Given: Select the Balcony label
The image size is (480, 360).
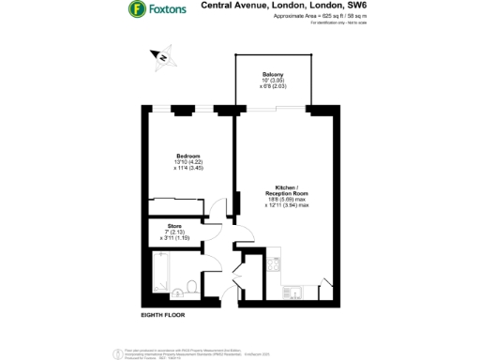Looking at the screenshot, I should point(273,74).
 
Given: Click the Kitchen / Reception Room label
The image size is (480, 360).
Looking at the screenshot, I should point(285,188).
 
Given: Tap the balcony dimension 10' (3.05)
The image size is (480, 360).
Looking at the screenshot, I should point(273,81).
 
